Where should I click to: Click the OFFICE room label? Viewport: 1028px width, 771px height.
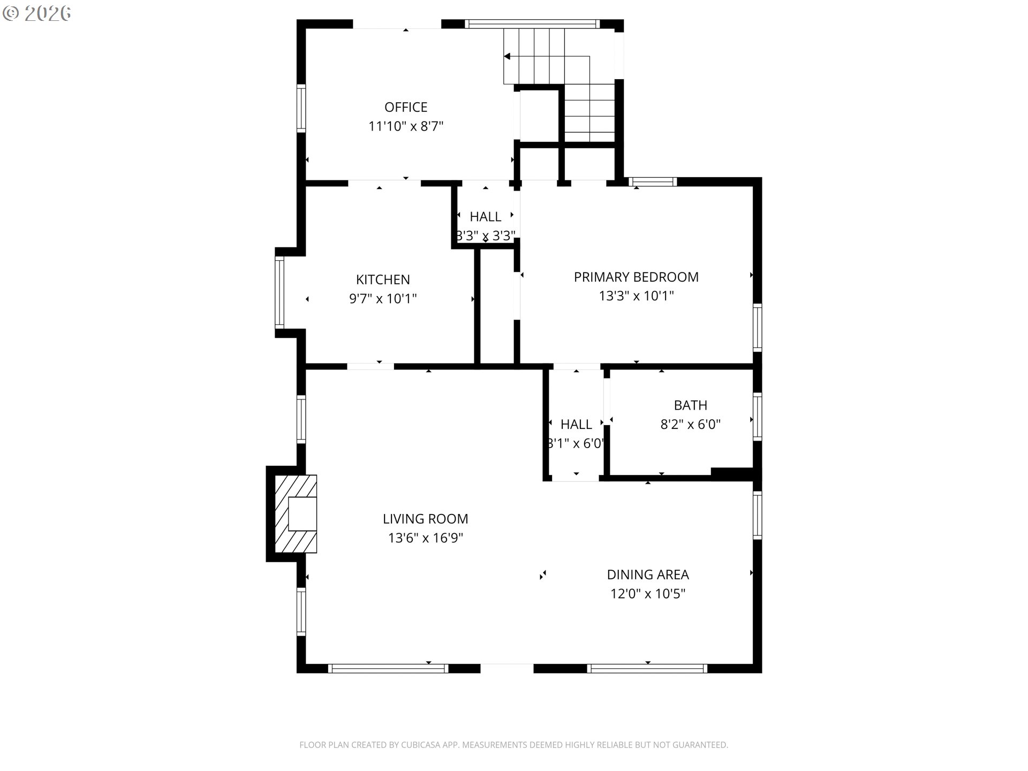click(405, 107)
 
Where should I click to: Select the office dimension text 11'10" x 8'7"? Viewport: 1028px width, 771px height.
click(405, 127)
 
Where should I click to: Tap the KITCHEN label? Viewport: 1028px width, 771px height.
click(383, 279)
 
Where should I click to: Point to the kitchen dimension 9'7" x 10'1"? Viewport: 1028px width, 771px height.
click(383, 299)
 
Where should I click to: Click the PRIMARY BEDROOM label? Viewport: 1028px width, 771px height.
click(636, 277)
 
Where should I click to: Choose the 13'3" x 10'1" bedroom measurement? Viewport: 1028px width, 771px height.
click(636, 296)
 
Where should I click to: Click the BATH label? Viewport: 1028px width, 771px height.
click(690, 405)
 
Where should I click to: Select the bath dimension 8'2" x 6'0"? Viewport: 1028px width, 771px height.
click(690, 425)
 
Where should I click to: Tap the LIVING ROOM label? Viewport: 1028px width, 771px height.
click(425, 519)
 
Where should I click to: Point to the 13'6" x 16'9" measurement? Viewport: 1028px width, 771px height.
click(425, 538)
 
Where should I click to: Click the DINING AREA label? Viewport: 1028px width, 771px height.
click(647, 575)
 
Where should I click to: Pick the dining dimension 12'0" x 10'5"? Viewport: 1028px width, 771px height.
click(647, 594)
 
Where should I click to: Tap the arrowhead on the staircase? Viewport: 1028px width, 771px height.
click(507, 56)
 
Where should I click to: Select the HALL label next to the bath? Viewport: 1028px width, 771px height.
click(576, 425)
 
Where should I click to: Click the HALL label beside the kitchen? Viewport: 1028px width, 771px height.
click(485, 217)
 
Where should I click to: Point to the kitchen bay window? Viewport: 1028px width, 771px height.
click(279, 292)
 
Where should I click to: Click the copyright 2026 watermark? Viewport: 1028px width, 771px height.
click(37, 13)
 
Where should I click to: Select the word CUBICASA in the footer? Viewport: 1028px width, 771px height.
click(420, 745)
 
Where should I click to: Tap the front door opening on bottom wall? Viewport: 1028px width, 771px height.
click(507, 668)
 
